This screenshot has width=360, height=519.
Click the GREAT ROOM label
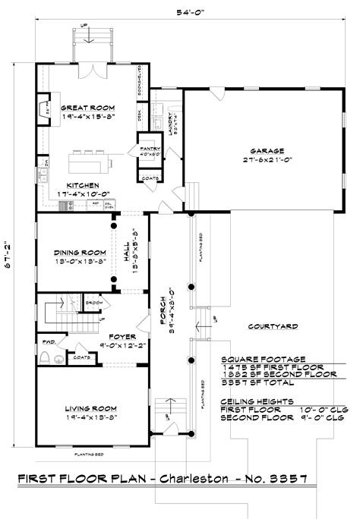87,107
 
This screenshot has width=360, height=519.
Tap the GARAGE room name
260,150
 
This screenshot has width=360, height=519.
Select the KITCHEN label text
83,185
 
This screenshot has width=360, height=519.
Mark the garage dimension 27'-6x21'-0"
260,160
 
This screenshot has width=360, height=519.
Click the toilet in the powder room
46,357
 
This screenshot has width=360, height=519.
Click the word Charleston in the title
206,479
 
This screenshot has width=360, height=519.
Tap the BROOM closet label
95,302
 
